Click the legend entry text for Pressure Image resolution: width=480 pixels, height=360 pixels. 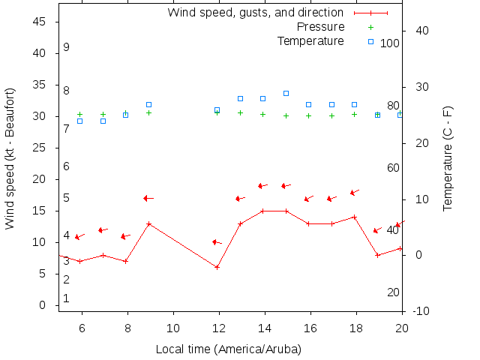coord(320,27)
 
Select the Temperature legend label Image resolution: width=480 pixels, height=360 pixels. coord(310,41)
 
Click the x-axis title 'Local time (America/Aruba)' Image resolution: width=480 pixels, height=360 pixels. coord(229,349)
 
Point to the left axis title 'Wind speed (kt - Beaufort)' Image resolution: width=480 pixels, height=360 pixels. coord(10,158)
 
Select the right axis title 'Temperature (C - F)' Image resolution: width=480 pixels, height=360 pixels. coord(448,158)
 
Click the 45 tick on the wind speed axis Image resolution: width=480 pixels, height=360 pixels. coord(40,22)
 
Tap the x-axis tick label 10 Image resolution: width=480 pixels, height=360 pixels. coord(173,328)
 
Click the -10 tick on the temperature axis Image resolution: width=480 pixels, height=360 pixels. coord(421,311)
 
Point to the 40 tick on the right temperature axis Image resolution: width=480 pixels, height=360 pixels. coord(421,31)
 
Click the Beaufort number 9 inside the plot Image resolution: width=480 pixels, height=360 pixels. coord(66,47)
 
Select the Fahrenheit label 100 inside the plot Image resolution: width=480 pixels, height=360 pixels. coord(390,43)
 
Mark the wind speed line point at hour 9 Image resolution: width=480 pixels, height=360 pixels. coord(149,223)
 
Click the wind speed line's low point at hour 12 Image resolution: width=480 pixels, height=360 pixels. coord(217,267)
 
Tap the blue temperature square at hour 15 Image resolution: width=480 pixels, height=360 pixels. coord(286,93)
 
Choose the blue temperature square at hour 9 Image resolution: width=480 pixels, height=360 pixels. coord(149,104)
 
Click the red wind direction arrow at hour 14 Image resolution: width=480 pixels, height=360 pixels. coord(263,185)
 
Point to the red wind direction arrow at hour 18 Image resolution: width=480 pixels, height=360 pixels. coord(355,193)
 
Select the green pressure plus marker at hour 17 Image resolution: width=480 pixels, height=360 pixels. coord(331,115)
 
